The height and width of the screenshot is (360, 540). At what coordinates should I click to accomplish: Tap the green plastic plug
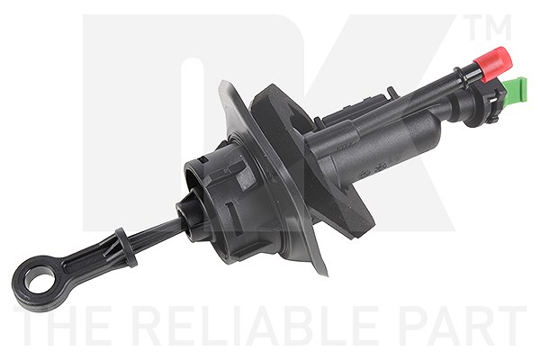pyautogui.click(x=516, y=90)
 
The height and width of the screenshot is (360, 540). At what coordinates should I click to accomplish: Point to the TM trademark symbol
pyautogui.click(x=488, y=27)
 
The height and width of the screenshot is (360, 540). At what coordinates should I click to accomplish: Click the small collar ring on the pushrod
pyautogui.click(x=126, y=247)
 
